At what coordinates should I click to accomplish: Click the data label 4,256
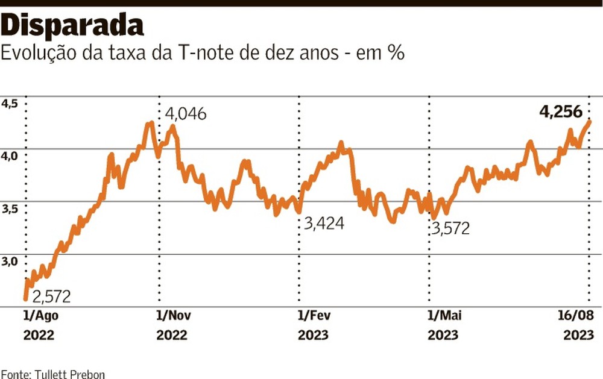click(x=560, y=112)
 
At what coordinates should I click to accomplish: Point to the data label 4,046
click(x=186, y=114)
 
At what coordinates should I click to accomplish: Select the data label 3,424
click(x=324, y=224)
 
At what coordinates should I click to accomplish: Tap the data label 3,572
click(x=449, y=228)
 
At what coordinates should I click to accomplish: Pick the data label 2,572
click(x=51, y=296)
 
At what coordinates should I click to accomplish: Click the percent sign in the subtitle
click(x=395, y=53)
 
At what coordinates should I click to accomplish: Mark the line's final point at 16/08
click(x=589, y=121)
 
